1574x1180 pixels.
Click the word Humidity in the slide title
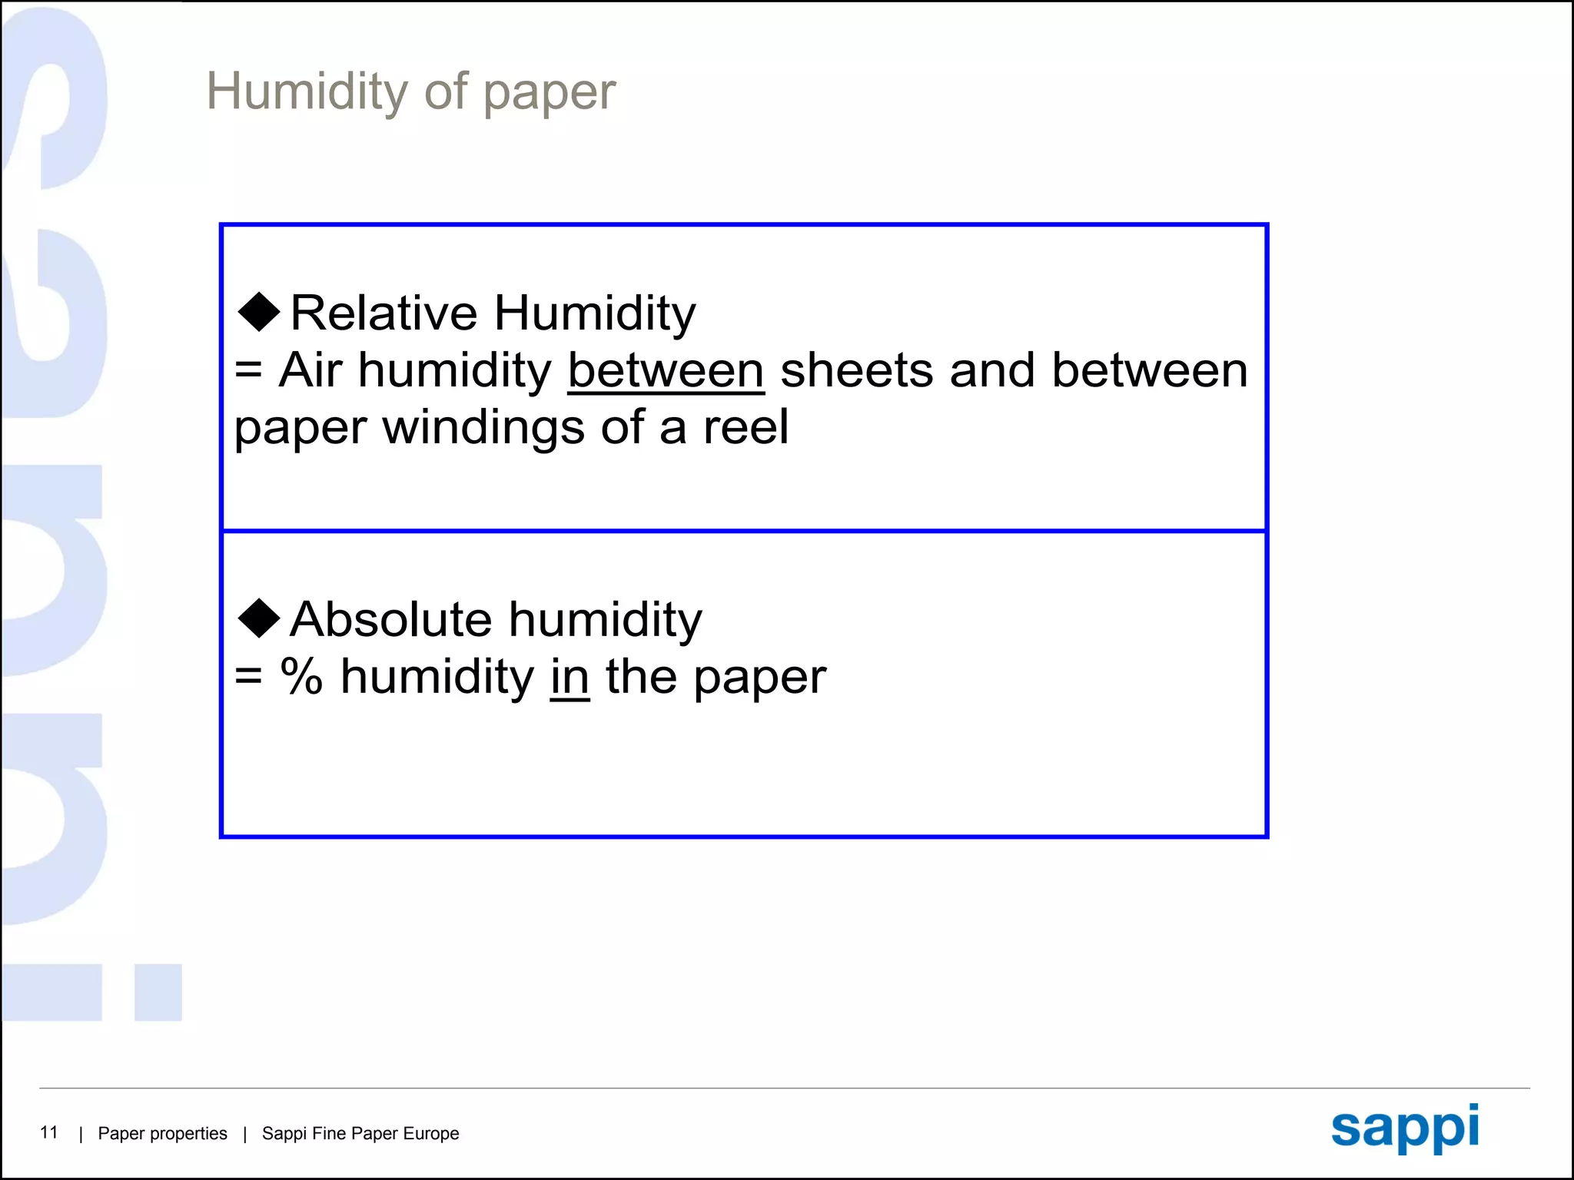306,92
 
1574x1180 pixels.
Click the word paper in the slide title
549,94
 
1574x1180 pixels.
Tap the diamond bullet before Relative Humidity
259,311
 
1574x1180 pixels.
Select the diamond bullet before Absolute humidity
259,618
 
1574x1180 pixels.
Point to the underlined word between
666,370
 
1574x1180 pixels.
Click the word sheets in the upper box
856,370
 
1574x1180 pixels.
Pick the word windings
483,428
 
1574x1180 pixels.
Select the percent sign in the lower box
301,677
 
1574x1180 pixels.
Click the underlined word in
569,677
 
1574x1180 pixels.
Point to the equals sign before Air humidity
248,371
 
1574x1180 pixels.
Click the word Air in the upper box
310,370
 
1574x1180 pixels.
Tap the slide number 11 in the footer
49,1132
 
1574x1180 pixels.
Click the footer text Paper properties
162,1133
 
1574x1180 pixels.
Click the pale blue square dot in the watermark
158,993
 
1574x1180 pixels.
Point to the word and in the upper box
991,370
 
